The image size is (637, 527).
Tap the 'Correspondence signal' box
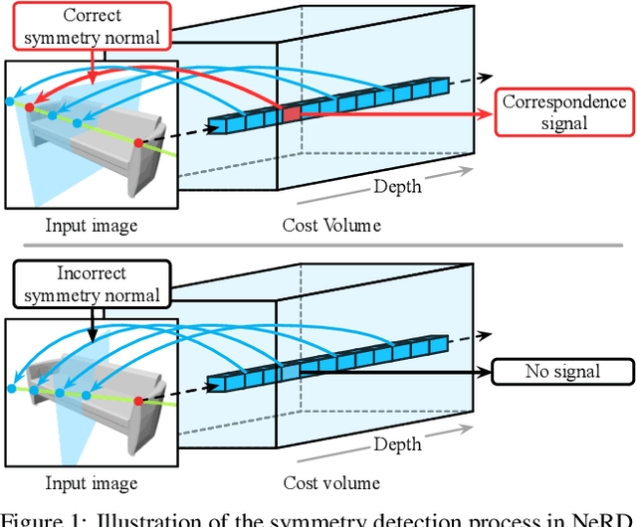pyautogui.click(x=564, y=113)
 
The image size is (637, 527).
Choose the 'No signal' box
pyautogui.click(x=562, y=372)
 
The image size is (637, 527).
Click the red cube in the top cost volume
pyautogui.click(x=290, y=114)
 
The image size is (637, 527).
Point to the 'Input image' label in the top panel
pyautogui.click(x=91, y=226)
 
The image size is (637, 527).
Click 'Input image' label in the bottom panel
pyautogui.click(x=91, y=483)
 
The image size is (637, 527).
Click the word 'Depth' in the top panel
pyautogui.click(x=397, y=186)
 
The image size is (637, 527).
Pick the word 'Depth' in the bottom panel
pyautogui.click(x=397, y=443)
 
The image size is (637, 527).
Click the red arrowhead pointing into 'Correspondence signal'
pyautogui.click(x=489, y=114)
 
